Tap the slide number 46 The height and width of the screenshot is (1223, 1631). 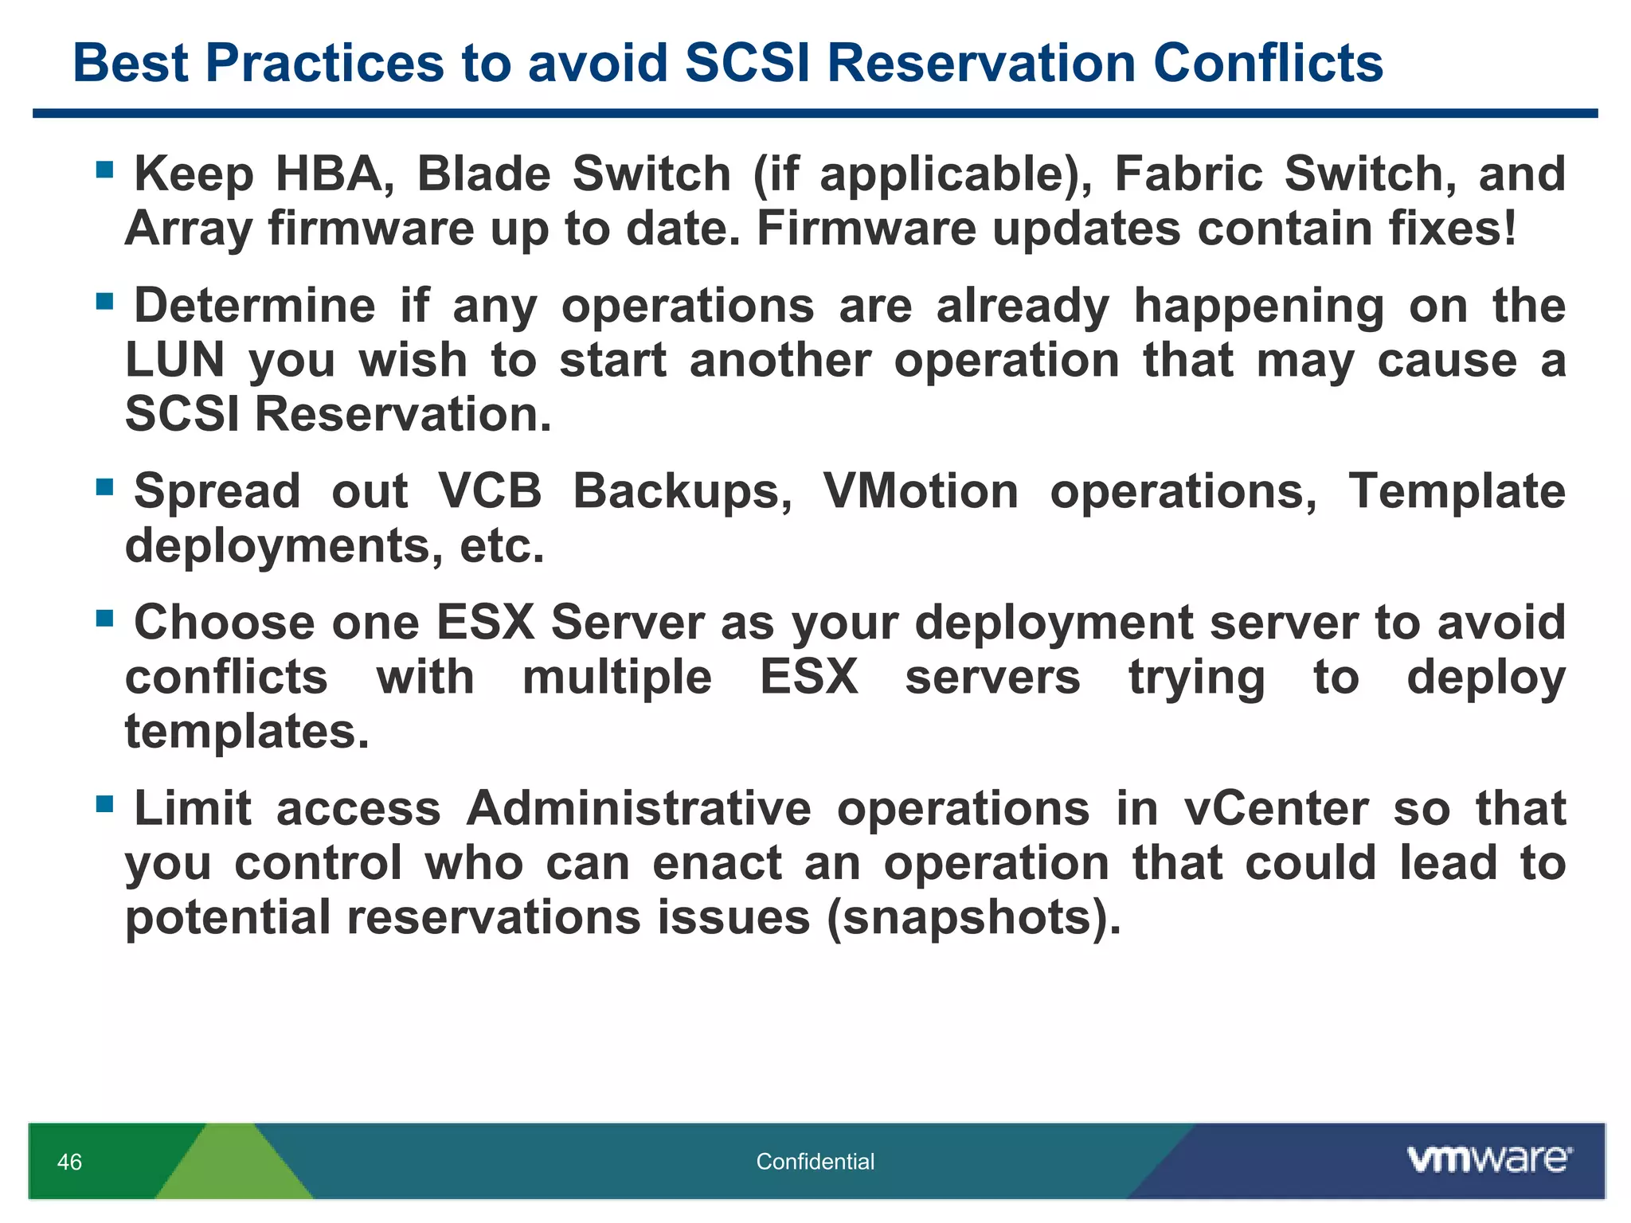[x=69, y=1162]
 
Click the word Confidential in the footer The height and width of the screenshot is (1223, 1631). [x=815, y=1162]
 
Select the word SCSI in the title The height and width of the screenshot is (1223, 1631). [x=747, y=63]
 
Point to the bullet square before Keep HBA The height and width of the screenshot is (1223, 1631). [x=104, y=170]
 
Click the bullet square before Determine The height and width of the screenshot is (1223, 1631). [x=104, y=302]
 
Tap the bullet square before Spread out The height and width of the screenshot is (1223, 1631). [x=104, y=486]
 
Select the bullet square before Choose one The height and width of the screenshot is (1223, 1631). [x=104, y=619]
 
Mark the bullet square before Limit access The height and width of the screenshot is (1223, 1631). [x=104, y=804]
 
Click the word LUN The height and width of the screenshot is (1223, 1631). [x=175, y=360]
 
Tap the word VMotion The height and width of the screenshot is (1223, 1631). [x=921, y=491]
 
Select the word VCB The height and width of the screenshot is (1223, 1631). [x=490, y=491]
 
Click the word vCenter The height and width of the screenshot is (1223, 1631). [x=1276, y=809]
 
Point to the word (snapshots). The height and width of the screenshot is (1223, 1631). [x=973, y=918]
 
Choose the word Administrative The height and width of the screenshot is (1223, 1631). [x=639, y=809]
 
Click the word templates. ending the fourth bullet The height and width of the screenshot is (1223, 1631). [x=247, y=732]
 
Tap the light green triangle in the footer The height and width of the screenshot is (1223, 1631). [x=233, y=1166]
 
